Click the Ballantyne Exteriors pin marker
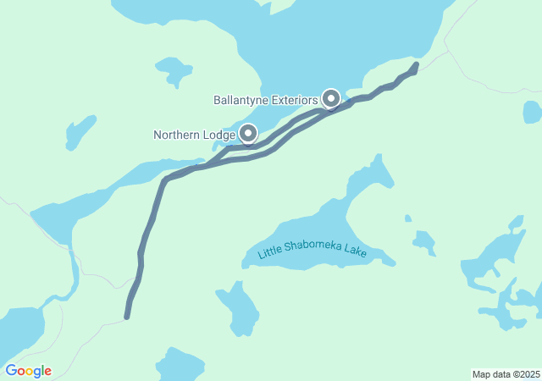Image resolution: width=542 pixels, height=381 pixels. (x=331, y=99)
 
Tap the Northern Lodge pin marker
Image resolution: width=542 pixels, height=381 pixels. (x=248, y=133)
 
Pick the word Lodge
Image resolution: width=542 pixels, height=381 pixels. (x=219, y=135)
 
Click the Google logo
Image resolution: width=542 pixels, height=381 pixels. (x=28, y=371)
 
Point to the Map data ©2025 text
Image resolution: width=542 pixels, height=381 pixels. (x=506, y=374)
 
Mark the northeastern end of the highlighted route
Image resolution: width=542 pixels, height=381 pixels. (x=415, y=64)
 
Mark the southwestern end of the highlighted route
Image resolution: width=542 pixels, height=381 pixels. (x=127, y=317)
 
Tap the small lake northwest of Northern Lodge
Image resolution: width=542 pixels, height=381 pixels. (x=174, y=69)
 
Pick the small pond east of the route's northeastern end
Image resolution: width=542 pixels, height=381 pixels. (x=532, y=112)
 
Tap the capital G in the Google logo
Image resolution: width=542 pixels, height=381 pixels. (x=12, y=371)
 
